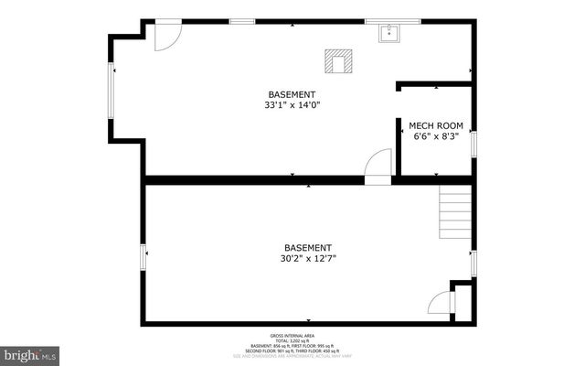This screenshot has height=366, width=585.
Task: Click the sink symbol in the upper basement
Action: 389,35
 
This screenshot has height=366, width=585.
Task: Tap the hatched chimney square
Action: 337,62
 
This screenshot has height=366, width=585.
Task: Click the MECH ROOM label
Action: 435,124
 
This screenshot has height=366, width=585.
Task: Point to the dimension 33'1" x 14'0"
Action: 292,105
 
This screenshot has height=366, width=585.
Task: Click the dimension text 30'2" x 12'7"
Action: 307,259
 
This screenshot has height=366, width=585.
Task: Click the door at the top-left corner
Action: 165,35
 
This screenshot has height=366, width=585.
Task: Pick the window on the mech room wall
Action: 473,144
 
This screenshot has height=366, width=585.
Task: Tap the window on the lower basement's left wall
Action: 143,257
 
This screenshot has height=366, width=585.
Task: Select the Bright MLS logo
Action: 30,353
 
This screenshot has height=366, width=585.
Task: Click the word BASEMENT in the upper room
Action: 292,94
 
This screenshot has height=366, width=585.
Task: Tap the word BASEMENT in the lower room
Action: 307,248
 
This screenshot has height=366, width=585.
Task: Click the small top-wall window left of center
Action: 241,21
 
